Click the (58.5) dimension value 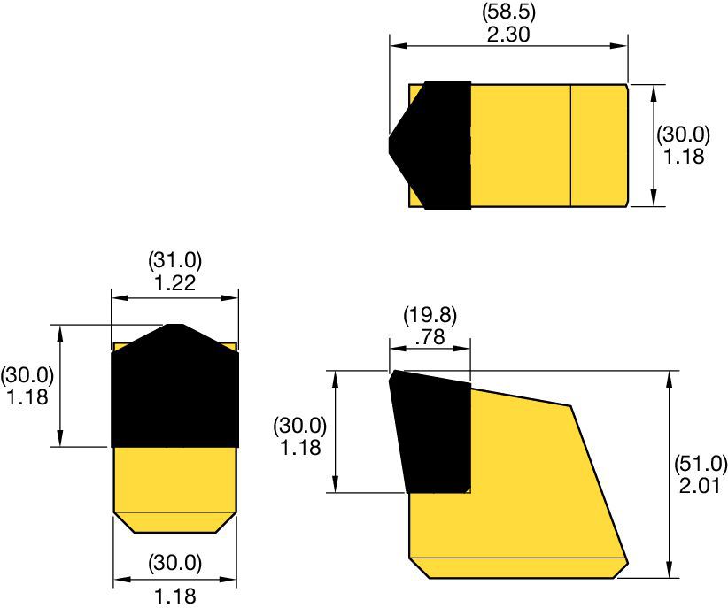(508, 12)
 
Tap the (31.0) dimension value (174, 261)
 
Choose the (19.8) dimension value (430, 314)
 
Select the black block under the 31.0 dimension (174, 394)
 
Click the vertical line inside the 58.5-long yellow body (570, 146)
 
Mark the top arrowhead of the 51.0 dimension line (669, 377)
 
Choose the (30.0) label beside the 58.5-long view (683, 135)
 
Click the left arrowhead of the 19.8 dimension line (393, 349)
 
